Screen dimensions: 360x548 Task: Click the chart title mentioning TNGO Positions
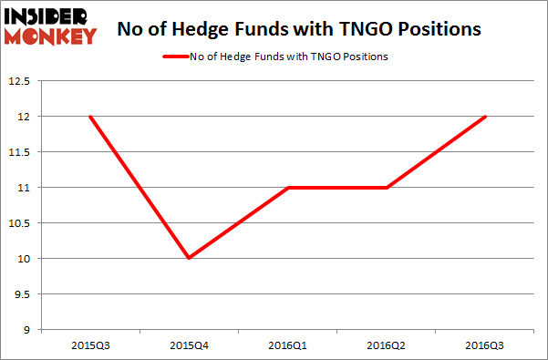(x=300, y=29)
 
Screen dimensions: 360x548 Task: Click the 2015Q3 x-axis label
(x=89, y=346)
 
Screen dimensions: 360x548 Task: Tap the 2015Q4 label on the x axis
(x=188, y=346)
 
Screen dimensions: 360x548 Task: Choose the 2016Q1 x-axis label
(x=287, y=346)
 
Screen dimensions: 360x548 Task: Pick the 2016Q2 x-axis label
(x=387, y=346)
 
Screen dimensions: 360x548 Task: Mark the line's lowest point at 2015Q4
(x=188, y=259)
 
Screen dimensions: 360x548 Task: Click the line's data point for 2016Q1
(x=287, y=188)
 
